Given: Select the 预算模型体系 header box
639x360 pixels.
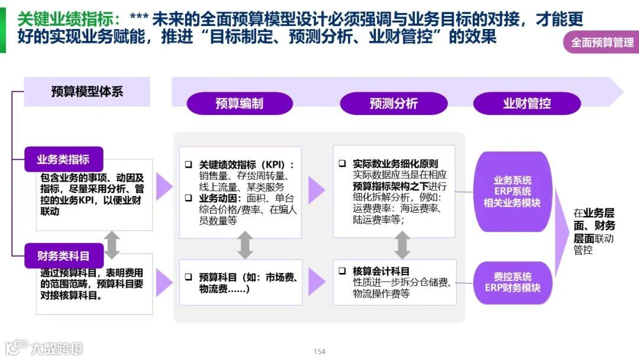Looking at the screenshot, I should point(87,91).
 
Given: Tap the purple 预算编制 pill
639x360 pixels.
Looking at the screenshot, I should point(240,104).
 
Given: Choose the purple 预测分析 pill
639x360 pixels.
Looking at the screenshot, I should point(393,104).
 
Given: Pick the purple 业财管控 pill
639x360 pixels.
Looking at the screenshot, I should point(527,104).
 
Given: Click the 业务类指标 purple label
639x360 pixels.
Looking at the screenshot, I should point(63,159).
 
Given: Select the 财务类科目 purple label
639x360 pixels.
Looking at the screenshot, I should point(63,256).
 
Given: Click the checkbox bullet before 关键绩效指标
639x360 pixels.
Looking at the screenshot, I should point(188,165).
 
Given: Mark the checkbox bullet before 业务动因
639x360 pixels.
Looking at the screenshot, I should point(188,198).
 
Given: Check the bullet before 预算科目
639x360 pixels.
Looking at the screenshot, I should point(188,277).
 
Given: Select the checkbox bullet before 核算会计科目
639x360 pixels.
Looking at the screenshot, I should point(342,271).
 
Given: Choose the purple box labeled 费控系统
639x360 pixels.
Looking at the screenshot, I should point(512,282).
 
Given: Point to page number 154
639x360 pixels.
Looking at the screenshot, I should point(319,352).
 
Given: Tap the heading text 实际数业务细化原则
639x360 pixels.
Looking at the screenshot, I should point(395,164).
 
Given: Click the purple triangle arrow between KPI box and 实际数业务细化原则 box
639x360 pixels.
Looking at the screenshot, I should point(317,190).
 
